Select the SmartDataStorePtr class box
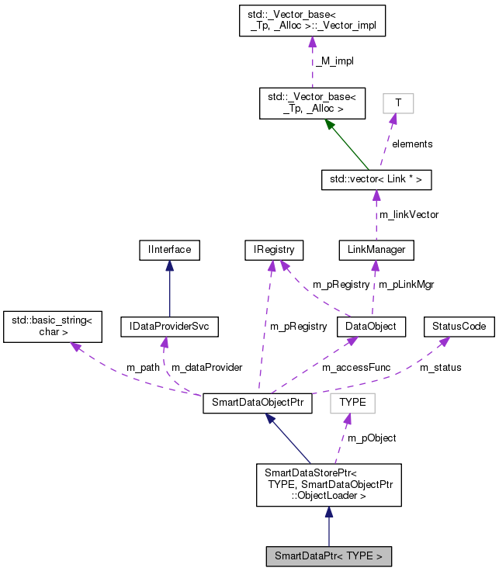pyautogui.click(x=329, y=485)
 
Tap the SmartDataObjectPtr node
pyautogui.click(x=258, y=404)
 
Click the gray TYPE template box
pyautogui.click(x=352, y=403)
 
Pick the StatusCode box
pyautogui.click(x=459, y=327)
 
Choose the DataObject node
pyautogui.click(x=371, y=327)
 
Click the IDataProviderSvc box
pyautogui.click(x=170, y=327)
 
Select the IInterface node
pyautogui.click(x=170, y=250)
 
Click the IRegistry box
pyautogui.click(x=272, y=250)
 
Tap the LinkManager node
pyautogui.click(x=376, y=250)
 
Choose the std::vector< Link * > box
pyautogui.click(x=376, y=180)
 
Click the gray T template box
pyautogui.click(x=398, y=103)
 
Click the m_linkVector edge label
pyautogui.click(x=408, y=214)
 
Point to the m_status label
pyautogui.click(x=440, y=367)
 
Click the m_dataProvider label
pyautogui.click(x=206, y=367)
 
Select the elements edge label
pyautogui.click(x=412, y=144)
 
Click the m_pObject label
pyautogui.click(x=372, y=438)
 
